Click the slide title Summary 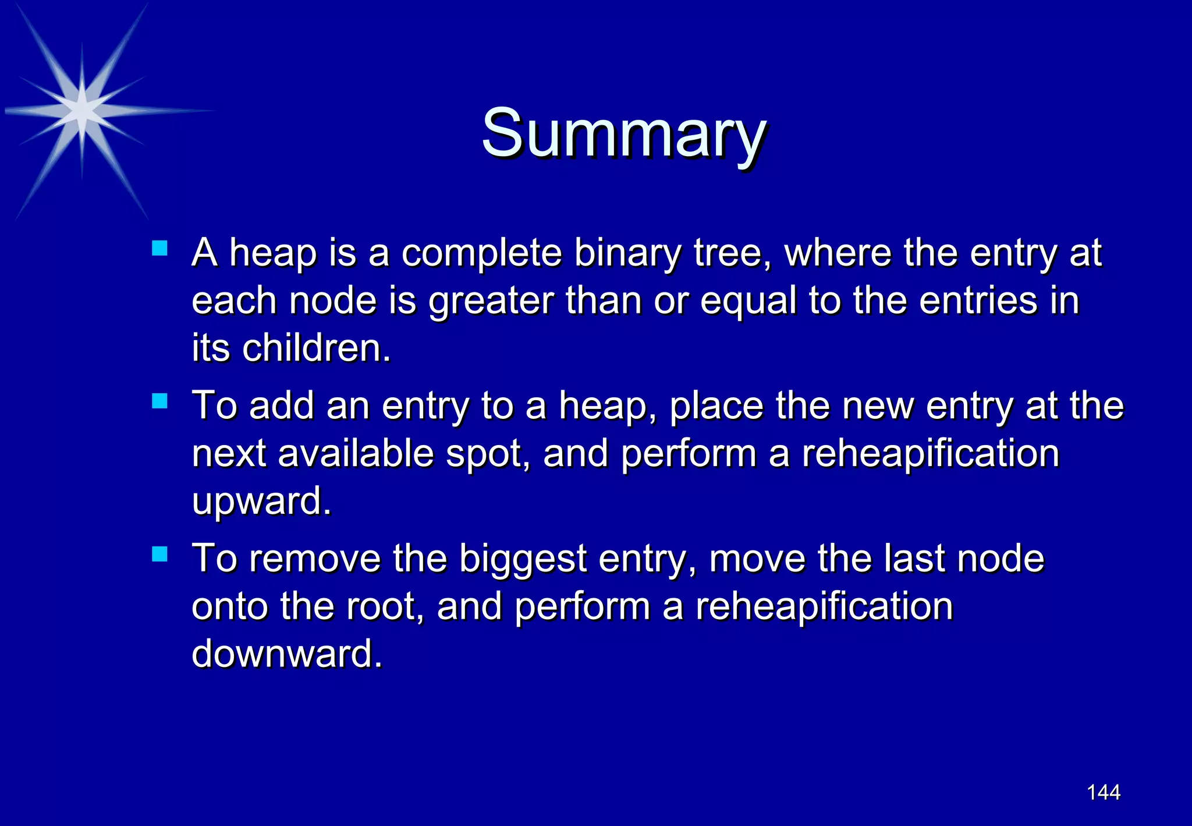click(x=623, y=133)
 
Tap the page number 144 click(x=1104, y=792)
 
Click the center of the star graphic click(x=82, y=110)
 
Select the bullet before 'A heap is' click(x=159, y=249)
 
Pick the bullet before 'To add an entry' click(x=159, y=401)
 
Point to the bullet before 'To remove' click(x=159, y=554)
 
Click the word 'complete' click(x=481, y=254)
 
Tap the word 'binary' click(x=627, y=254)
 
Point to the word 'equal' click(x=748, y=302)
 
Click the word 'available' click(x=356, y=453)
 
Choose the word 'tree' click(x=730, y=254)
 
